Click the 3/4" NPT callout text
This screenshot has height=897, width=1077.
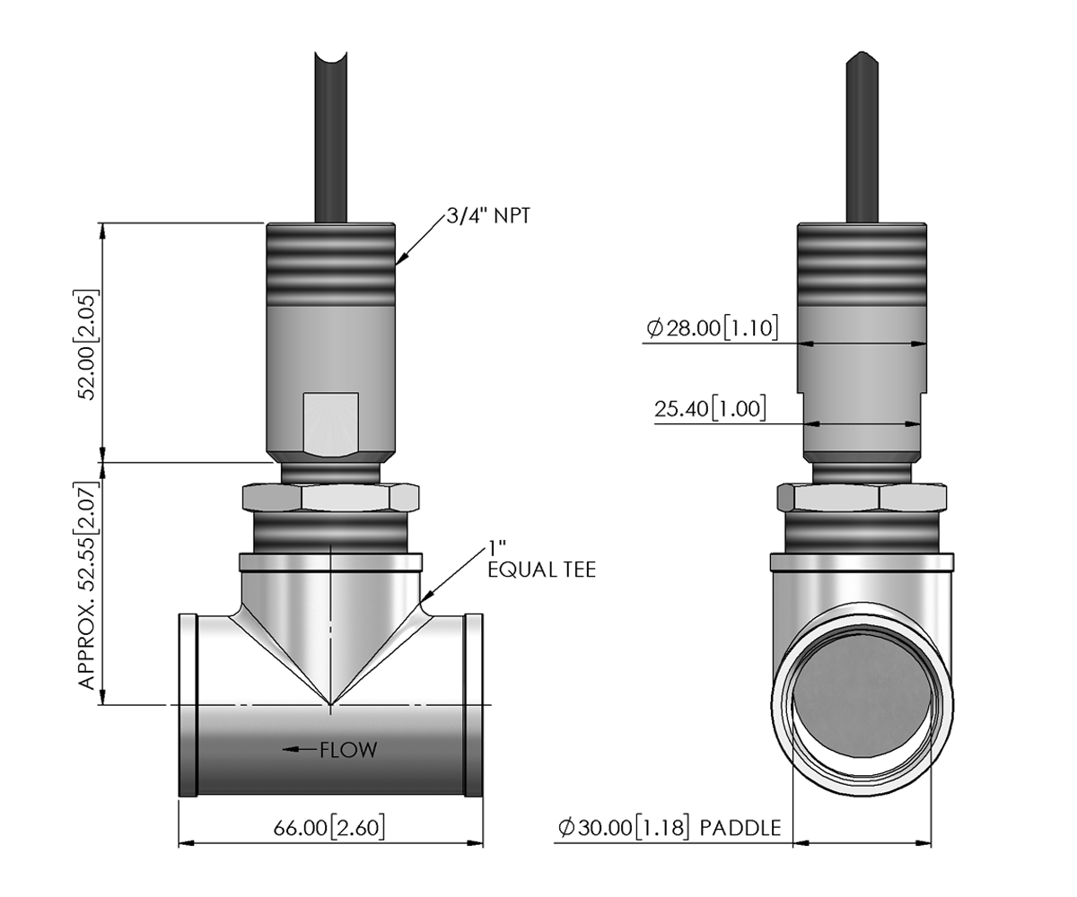[x=488, y=216]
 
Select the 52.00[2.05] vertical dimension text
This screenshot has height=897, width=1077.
[x=87, y=345]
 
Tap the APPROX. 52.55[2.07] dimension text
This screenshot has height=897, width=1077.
[x=87, y=585]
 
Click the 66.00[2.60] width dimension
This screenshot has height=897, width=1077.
[x=329, y=828]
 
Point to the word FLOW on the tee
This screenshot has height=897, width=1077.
[x=349, y=750]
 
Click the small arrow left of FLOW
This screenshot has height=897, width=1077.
[x=300, y=750]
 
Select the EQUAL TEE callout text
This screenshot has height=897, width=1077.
[x=541, y=570]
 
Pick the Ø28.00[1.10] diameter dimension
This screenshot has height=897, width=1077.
[x=712, y=328]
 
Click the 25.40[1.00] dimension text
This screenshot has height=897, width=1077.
[x=710, y=409]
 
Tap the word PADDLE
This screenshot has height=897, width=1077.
[x=740, y=828]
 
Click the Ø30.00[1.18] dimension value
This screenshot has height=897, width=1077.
[x=624, y=828]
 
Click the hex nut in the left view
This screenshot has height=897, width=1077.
[x=330, y=497]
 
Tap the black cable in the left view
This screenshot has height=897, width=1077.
[x=330, y=137]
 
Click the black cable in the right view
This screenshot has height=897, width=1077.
[x=862, y=137]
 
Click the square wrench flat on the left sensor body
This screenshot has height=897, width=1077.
[x=330, y=424]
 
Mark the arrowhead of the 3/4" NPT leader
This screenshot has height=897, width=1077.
[x=401, y=259]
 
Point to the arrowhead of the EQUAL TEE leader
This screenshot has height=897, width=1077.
[x=425, y=597]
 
